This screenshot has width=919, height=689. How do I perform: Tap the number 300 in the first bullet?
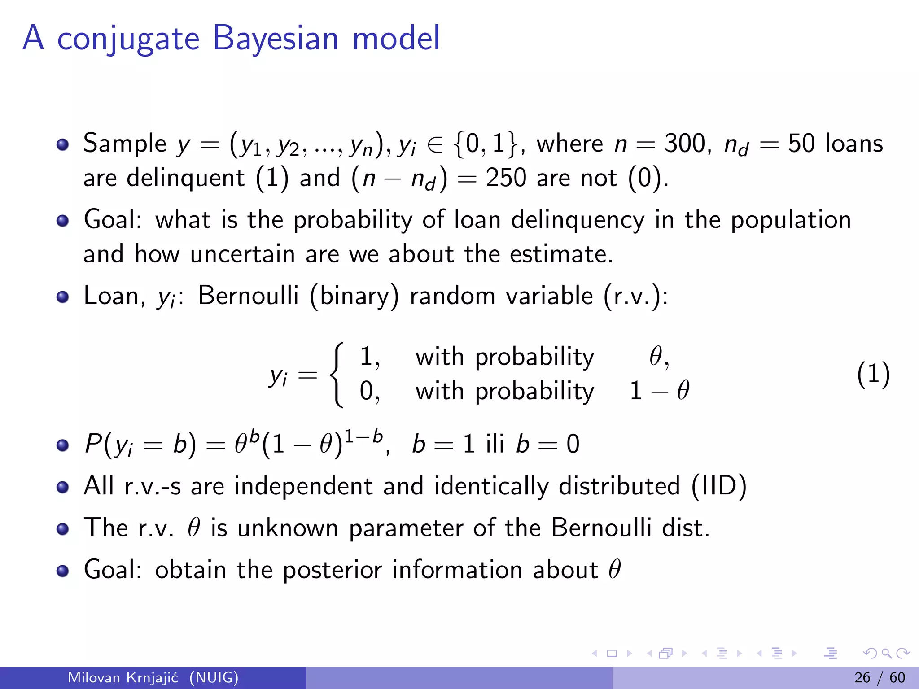pos(685,144)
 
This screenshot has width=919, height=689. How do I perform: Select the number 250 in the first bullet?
pos(506,178)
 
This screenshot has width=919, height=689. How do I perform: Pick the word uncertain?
pos(242,254)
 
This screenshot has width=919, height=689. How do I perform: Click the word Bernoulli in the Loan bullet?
pos(248,296)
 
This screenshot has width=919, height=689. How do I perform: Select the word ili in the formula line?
pos(495,444)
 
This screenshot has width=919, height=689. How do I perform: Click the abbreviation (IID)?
pos(719,486)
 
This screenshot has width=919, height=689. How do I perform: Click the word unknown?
pos(288,528)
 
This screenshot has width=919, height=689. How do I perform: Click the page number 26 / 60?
pos(880,677)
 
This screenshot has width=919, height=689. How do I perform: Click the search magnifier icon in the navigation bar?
pos(886,654)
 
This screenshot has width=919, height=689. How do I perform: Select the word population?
pos(791,221)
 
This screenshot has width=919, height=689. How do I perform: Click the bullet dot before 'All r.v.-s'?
pos(63,487)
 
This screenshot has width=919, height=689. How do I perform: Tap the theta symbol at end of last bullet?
pos(614,569)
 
